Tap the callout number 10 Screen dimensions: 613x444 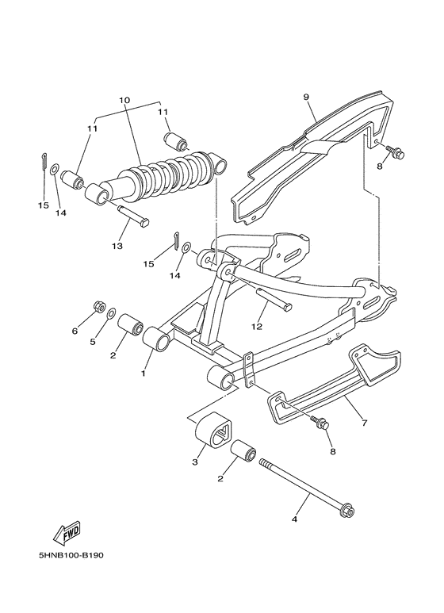pos(124,101)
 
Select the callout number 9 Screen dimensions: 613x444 pos(305,98)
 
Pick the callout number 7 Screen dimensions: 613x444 pos(364,423)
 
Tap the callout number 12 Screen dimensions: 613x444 pos(256,325)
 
